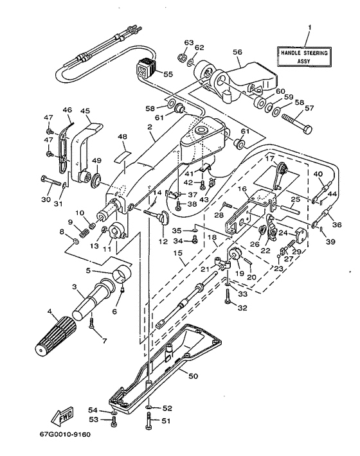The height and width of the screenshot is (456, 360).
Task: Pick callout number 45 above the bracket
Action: [85, 111]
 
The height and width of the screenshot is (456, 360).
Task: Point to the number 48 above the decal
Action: [122, 136]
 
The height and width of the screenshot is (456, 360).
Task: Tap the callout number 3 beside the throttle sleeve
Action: [75, 286]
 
